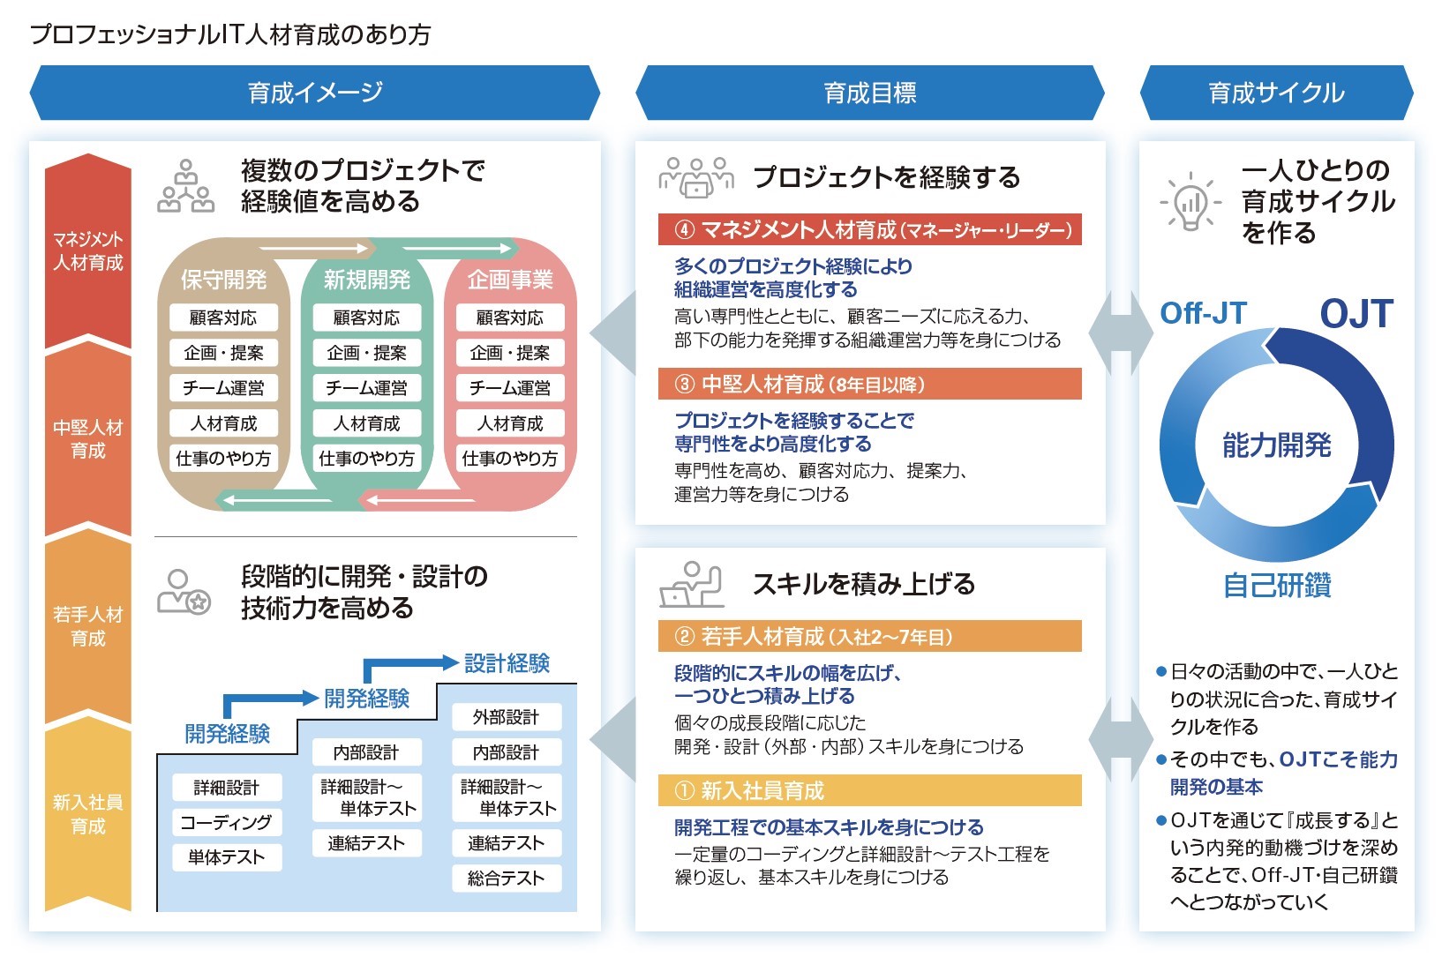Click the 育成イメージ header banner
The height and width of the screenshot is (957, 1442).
pos(315,93)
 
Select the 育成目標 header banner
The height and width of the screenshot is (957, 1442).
pos(870,93)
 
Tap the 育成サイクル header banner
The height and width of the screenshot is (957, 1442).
pos(1277,93)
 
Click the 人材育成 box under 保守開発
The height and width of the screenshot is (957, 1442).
pos(223,422)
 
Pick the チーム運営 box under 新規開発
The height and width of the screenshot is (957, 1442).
pos(367,387)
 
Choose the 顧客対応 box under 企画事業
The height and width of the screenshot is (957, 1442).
pos(510,318)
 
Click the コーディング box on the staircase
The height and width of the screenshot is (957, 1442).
pos(227,823)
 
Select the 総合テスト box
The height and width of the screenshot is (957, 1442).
pos(507,878)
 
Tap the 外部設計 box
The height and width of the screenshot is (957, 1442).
pos(507,717)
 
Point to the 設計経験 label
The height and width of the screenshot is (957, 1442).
pos(507,663)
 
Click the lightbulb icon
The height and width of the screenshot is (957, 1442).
pos(1190,201)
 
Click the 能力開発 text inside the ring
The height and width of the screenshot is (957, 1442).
pos(1277,445)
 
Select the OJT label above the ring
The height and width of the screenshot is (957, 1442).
pos(1356,313)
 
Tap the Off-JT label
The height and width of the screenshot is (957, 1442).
pos(1203,313)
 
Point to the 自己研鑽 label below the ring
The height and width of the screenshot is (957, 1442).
pos(1277,585)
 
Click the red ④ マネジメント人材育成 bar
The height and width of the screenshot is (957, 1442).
pos(870,229)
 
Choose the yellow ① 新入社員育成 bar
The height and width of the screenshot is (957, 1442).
pos(870,790)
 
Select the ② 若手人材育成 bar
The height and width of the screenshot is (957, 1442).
pos(870,637)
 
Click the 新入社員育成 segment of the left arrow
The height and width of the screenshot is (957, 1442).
pos(88,814)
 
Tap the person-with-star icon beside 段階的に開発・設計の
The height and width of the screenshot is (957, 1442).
pos(184,592)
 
